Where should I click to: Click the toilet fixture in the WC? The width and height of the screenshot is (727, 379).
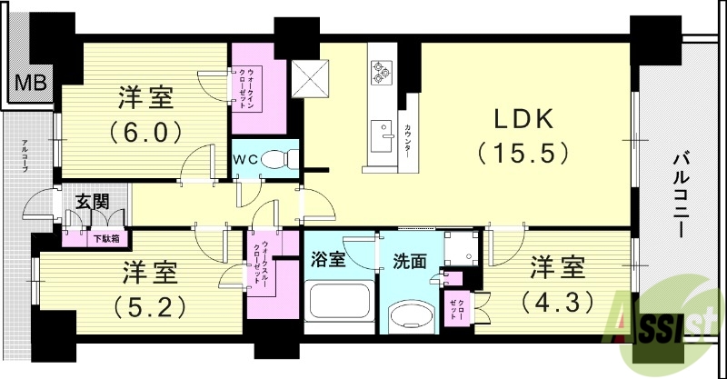[x=278, y=160]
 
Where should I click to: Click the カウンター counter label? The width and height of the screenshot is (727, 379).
[x=408, y=140]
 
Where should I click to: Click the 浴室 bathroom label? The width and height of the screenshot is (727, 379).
[x=329, y=261]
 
